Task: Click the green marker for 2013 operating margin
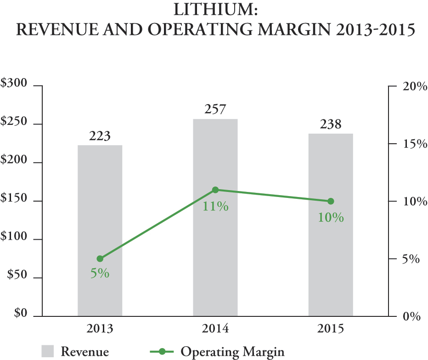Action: (x=100, y=259)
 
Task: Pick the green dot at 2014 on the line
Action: (x=215, y=190)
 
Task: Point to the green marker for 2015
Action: (x=331, y=201)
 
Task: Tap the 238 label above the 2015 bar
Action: (x=330, y=124)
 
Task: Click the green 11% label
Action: (x=215, y=207)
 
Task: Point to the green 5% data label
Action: (x=100, y=274)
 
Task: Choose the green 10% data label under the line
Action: (x=331, y=218)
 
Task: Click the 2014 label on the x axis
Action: (x=215, y=329)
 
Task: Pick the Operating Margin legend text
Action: (x=232, y=352)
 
